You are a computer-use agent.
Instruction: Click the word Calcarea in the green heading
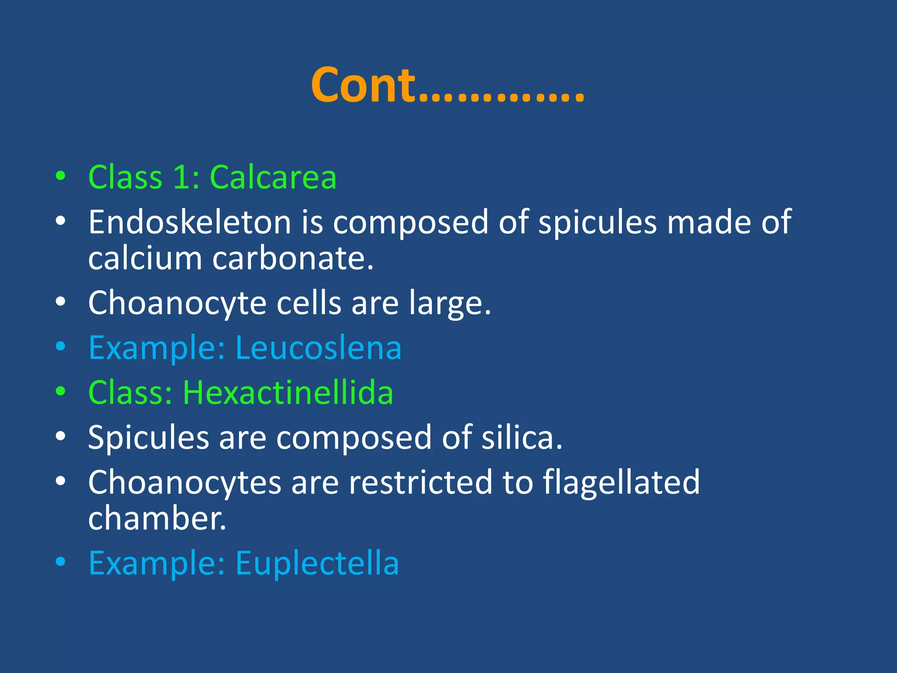(x=273, y=177)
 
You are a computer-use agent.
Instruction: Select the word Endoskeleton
(x=190, y=222)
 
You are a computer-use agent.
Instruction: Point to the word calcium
(x=145, y=258)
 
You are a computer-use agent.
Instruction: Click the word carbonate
(x=293, y=258)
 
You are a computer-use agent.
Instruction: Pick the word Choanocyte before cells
(x=177, y=304)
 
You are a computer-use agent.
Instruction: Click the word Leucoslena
(x=318, y=348)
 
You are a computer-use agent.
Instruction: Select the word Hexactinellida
(x=288, y=393)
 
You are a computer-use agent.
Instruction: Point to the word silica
(x=522, y=437)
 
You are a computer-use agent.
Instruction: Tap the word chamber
(x=157, y=518)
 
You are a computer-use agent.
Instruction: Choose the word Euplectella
(x=317, y=563)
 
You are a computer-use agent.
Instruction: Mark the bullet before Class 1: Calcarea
(x=60, y=176)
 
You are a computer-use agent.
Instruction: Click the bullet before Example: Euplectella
(x=60, y=562)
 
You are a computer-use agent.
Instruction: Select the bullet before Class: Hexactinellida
(x=60, y=391)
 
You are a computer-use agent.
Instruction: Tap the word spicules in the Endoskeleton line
(x=597, y=222)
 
